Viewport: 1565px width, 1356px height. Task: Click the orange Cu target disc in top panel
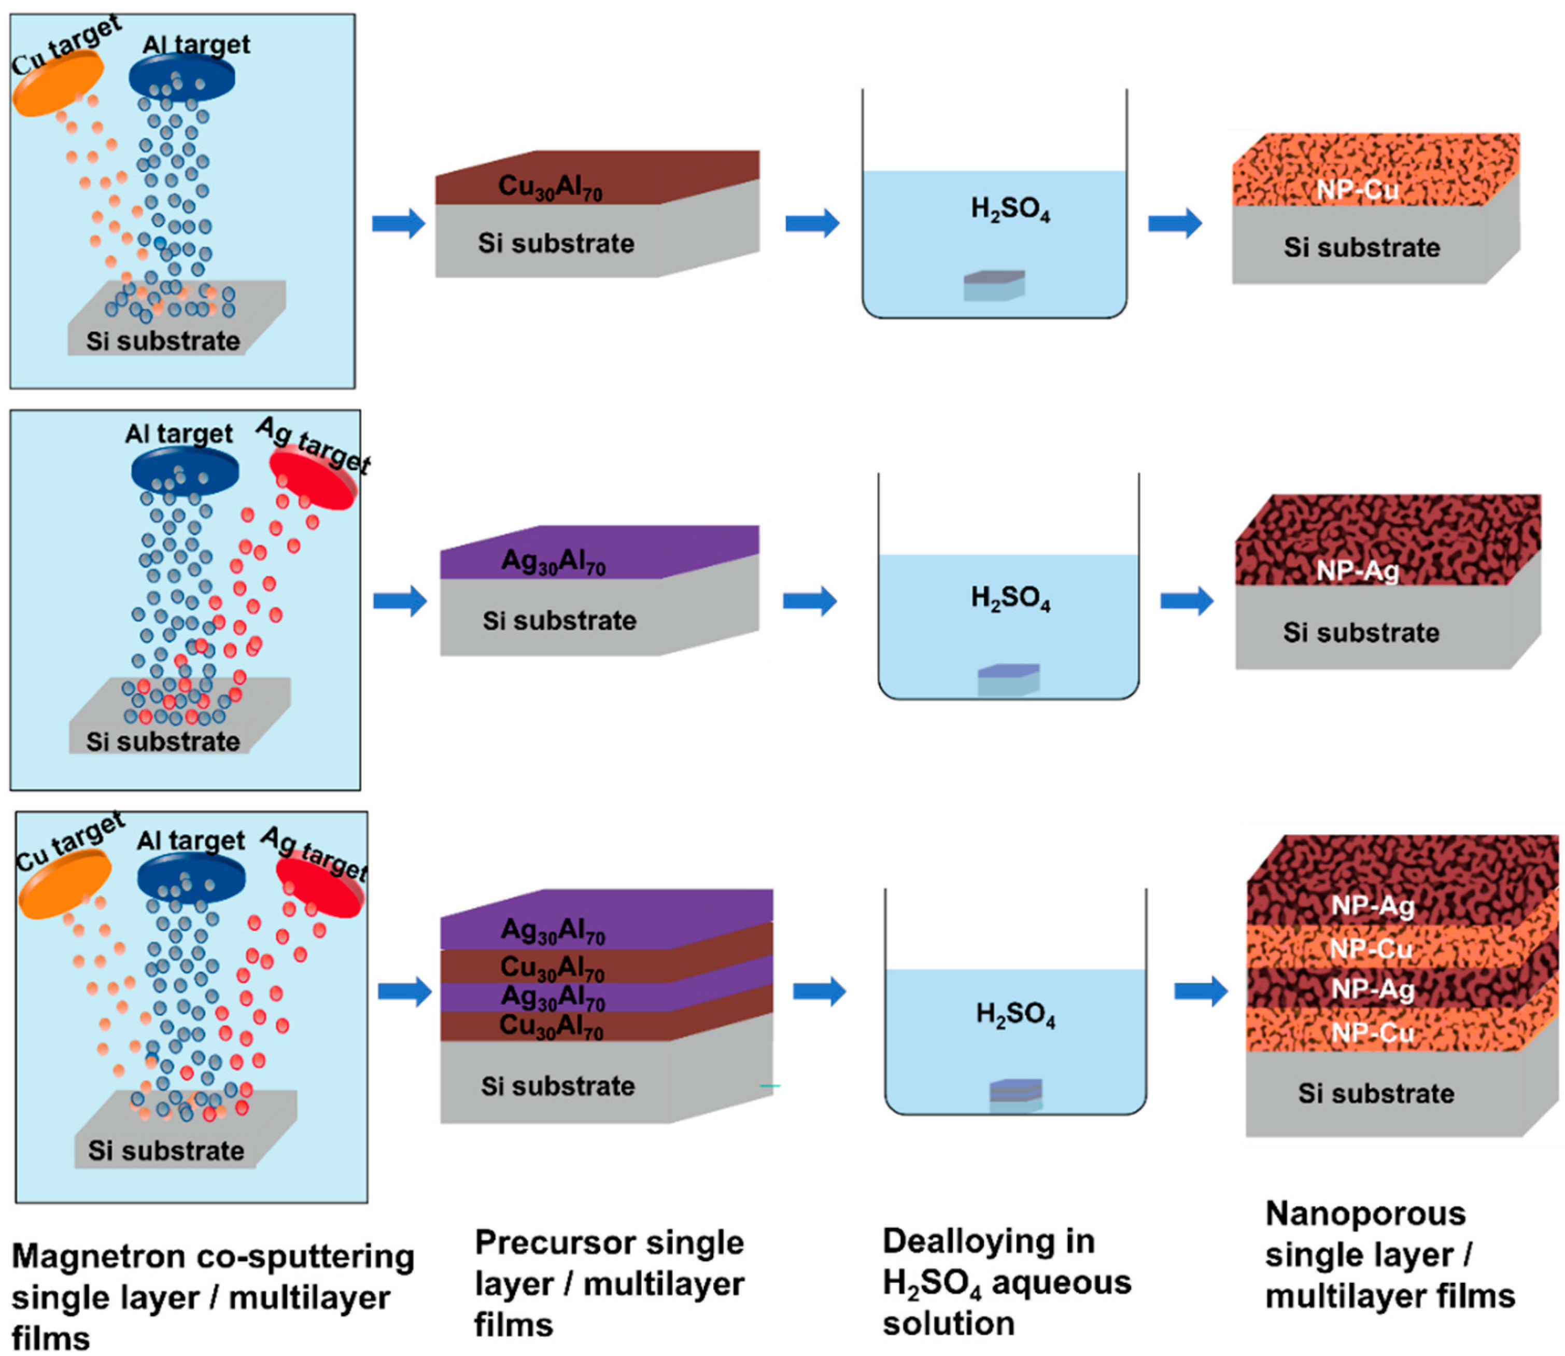[x=57, y=85]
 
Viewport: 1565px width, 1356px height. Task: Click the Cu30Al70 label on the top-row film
[x=550, y=187]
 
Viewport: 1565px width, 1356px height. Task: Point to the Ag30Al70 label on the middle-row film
[x=553, y=562]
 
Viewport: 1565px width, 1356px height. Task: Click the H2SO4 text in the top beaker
[x=1010, y=209]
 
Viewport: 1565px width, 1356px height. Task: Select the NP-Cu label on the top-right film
[x=1357, y=189]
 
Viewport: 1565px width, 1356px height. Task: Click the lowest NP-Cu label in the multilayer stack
[x=1372, y=1032]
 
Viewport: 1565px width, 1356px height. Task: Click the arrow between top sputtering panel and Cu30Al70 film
[x=399, y=223]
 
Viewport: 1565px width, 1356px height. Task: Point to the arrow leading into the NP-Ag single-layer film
[x=1186, y=602]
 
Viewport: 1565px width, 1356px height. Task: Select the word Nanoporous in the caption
[x=1365, y=1214]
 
